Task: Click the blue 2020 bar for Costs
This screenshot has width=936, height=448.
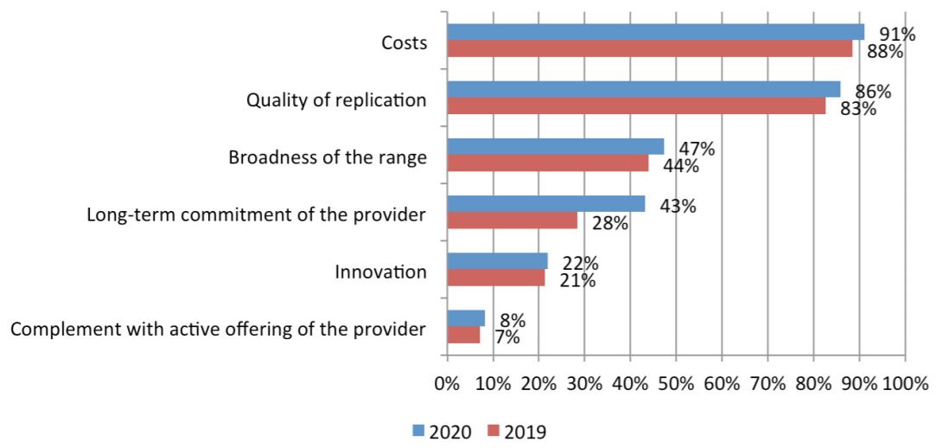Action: point(655,32)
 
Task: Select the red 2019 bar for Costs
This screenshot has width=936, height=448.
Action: point(649,48)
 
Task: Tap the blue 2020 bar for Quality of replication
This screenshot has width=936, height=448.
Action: point(643,89)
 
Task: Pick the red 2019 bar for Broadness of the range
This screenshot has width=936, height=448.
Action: point(547,163)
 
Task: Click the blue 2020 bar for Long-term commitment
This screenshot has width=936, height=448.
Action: point(545,203)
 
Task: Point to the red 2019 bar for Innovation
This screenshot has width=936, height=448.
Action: point(496,277)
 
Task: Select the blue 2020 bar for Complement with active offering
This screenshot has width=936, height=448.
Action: point(466,317)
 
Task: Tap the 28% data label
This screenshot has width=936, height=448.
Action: point(610,224)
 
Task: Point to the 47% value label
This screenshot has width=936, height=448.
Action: point(696,149)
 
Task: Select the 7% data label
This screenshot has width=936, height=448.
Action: point(506,337)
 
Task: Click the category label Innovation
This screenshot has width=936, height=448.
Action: point(380,272)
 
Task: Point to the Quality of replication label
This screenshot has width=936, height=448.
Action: point(336,100)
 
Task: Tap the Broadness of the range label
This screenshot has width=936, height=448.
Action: point(327,158)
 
